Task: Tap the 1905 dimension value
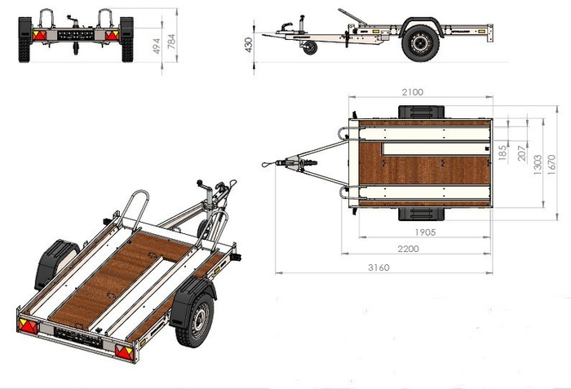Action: pos(423,232)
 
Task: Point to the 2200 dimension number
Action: pos(423,248)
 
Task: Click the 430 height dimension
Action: pos(248,43)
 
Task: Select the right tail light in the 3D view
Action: pos(123,352)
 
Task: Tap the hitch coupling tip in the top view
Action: pos(266,164)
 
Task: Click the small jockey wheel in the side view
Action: pos(308,49)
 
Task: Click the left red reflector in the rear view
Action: pos(38,35)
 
